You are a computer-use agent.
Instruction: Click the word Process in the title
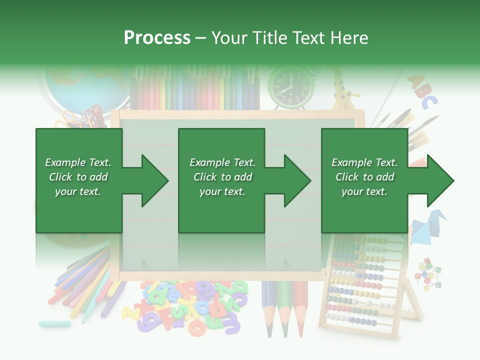(x=157, y=38)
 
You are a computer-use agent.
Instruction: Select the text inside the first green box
(x=78, y=177)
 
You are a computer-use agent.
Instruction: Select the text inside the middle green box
(x=222, y=177)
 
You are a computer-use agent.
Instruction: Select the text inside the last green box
(x=364, y=177)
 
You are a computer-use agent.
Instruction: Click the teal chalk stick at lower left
(x=55, y=323)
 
